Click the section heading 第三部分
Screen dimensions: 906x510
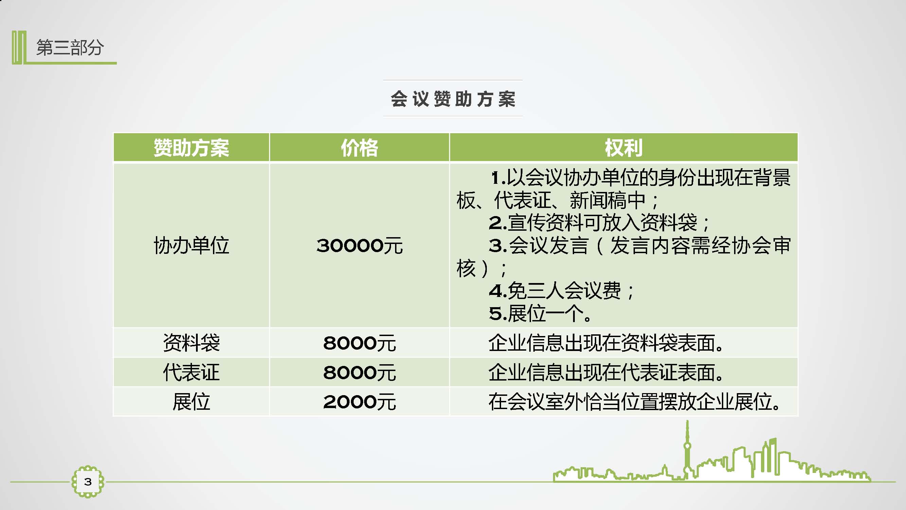pos(70,48)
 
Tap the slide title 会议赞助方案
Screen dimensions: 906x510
pos(453,99)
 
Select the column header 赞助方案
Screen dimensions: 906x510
pos(191,148)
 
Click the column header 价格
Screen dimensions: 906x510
pos(359,148)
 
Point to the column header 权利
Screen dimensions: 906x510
pos(624,148)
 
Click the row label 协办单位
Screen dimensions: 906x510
pos(191,245)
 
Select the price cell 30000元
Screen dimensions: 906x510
pos(359,246)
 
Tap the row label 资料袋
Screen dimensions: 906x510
pos(191,342)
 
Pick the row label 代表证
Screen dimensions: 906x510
pos(191,372)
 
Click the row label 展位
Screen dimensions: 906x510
pos(191,402)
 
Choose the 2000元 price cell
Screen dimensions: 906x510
pos(359,402)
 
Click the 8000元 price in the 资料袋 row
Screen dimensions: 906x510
pos(359,343)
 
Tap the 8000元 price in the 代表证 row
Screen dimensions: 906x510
pos(359,372)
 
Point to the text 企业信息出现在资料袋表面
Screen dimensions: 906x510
pos(606,342)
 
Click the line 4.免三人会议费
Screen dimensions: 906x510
pos(561,291)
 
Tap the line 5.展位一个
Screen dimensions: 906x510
pos(540,313)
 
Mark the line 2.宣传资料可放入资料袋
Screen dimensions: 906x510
pos(599,223)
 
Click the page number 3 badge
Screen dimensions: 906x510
pos(88,481)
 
